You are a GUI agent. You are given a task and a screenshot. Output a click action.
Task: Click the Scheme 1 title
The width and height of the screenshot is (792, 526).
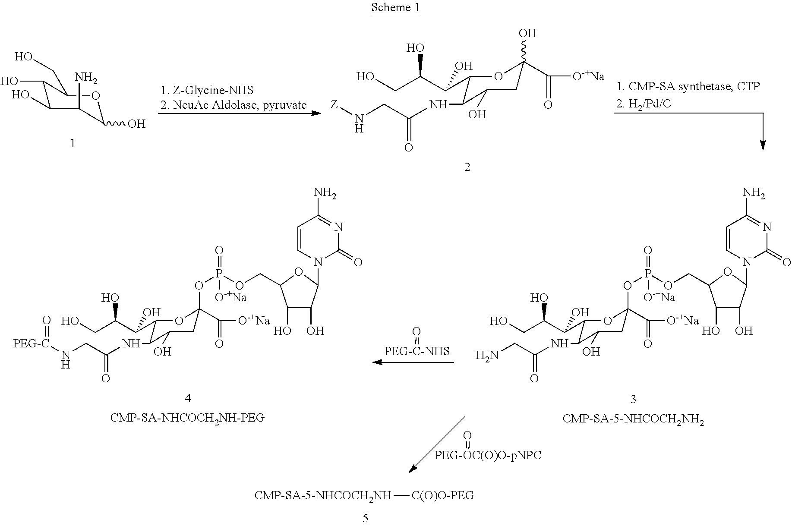[x=396, y=7]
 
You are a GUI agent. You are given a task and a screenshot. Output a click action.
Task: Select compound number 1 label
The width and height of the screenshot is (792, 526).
[x=73, y=143]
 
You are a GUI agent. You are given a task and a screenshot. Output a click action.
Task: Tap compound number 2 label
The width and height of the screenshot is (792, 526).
[x=467, y=167]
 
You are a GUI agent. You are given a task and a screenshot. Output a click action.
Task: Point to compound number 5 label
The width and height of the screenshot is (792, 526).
[x=366, y=518]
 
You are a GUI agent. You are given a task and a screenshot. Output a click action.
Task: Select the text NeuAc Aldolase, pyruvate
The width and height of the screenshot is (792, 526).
[x=233, y=104]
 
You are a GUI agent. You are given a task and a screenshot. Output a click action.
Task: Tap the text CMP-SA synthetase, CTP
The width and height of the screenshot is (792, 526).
[x=688, y=86]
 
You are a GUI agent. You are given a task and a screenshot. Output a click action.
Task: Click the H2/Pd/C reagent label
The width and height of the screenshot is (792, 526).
[x=643, y=104]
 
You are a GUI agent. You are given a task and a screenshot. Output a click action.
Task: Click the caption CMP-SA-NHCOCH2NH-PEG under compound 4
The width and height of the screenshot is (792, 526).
[x=187, y=418]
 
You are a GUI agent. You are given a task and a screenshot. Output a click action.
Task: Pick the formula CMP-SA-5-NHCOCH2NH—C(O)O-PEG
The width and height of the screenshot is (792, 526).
[x=364, y=495]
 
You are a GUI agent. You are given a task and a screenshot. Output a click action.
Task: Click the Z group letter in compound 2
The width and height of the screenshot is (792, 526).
[x=333, y=105]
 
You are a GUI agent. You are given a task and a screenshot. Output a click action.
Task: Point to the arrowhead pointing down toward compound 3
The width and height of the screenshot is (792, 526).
[x=763, y=145]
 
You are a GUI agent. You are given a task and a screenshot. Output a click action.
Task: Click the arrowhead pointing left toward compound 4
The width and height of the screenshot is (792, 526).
[x=377, y=362]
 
